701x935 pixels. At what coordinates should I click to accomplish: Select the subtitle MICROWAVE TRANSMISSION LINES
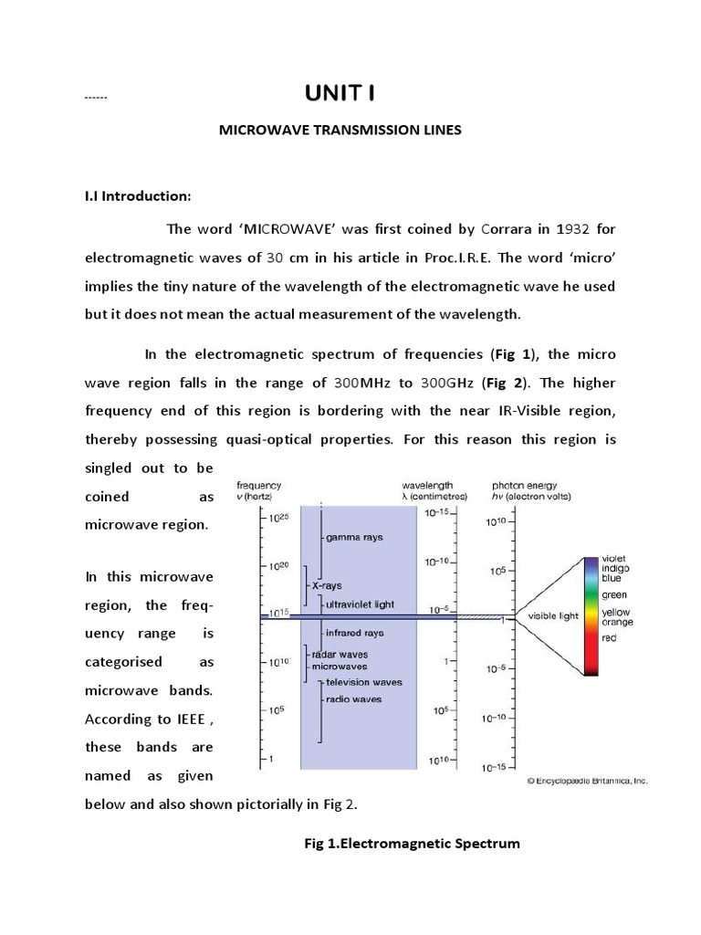click(340, 131)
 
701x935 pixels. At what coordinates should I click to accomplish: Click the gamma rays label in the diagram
click(354, 538)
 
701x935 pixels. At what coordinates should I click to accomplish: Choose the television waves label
click(365, 682)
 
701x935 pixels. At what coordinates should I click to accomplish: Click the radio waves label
click(354, 699)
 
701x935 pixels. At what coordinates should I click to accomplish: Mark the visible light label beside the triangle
click(553, 616)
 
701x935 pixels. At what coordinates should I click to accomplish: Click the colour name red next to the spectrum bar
click(609, 638)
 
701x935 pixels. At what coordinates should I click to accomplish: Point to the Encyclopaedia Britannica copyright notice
click(587, 782)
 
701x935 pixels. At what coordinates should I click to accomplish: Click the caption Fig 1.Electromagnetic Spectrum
click(412, 844)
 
